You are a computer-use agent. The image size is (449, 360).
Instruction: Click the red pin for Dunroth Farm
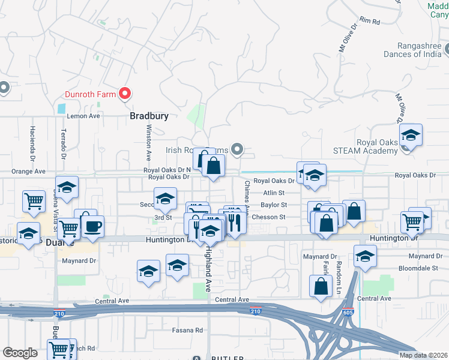tap(125, 93)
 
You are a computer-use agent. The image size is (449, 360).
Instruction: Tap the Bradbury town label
tap(149, 116)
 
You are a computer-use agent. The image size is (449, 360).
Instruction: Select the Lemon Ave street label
tap(83, 116)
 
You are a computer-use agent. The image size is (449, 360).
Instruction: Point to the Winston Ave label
tap(148, 143)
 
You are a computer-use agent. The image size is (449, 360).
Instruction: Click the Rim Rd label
tap(372, 22)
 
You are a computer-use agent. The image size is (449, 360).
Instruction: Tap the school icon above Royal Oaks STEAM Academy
tap(411, 136)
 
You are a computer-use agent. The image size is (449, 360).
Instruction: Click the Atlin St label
tap(273, 193)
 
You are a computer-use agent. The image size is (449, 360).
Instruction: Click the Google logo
tap(20, 353)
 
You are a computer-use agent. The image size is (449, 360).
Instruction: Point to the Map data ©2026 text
tap(423, 355)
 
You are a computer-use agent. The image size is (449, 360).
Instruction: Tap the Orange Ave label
tap(28, 171)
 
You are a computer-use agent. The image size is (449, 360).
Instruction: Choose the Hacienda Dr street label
tap(33, 140)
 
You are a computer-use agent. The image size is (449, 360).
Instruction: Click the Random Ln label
tap(339, 269)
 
